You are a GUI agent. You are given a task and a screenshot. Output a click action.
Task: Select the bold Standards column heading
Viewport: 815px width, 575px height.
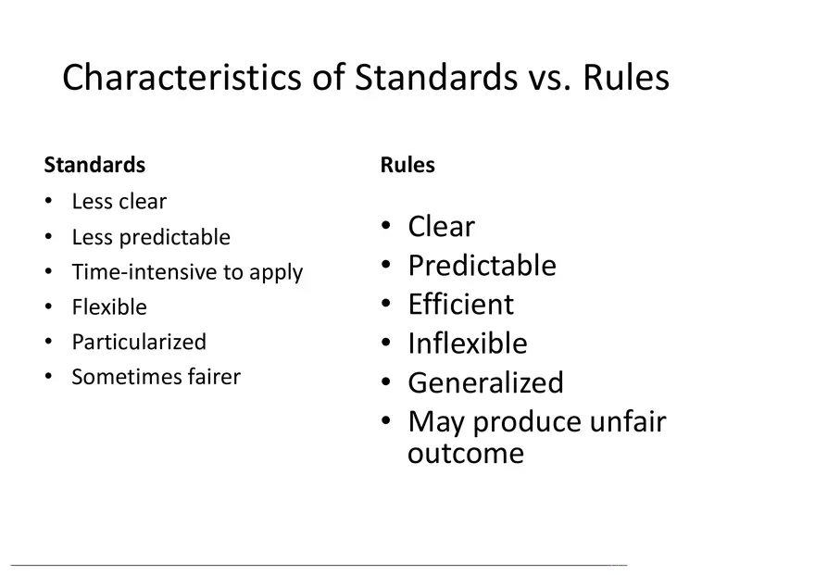coord(94,165)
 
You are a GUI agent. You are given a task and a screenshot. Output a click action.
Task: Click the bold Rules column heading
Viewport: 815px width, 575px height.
coord(407,165)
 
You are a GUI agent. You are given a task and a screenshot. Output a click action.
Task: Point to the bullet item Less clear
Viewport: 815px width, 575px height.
coord(119,202)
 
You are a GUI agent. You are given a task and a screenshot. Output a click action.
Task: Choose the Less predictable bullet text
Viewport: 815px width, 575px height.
coord(151,237)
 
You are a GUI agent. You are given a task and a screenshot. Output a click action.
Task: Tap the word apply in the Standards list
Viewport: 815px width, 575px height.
coord(275,273)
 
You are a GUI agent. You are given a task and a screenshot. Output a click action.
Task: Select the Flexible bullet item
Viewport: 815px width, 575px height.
coord(109,307)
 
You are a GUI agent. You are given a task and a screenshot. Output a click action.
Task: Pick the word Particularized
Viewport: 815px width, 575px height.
coord(139,342)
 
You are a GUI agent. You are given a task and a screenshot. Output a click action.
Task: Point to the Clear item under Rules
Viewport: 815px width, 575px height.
coord(441,227)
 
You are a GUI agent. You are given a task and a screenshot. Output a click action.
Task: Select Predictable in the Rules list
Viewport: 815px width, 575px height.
coord(482,266)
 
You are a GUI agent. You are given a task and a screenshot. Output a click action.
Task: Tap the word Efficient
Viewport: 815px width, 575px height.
coord(461,304)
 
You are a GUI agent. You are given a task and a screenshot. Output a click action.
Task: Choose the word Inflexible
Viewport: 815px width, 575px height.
coord(468,344)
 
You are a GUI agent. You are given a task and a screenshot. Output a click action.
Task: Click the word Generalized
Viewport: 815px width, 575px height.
coord(485,382)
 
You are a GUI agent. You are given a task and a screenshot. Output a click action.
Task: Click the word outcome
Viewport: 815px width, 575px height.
coord(466,454)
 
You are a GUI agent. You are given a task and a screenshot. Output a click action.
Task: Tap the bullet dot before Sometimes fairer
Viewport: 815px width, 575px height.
coord(48,376)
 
